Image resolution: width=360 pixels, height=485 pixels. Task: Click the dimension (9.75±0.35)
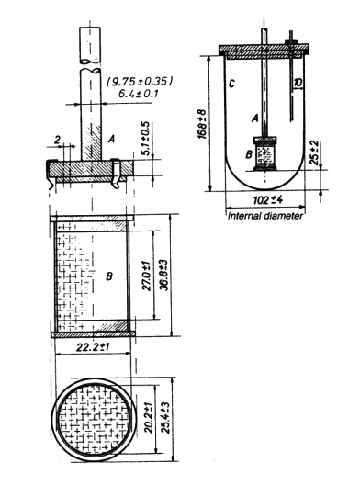[x=140, y=82]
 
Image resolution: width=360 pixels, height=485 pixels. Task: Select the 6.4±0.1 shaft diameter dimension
[x=139, y=93]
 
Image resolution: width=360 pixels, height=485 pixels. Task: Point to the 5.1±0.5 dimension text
[x=146, y=139]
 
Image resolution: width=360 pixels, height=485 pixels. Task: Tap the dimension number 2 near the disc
[x=57, y=141]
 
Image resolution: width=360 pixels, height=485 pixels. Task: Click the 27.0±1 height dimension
[x=147, y=276]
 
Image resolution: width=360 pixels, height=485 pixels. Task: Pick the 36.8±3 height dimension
[x=164, y=276]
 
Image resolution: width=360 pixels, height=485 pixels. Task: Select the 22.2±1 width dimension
[x=93, y=347]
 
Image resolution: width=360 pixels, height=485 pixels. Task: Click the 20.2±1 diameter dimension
[x=149, y=418]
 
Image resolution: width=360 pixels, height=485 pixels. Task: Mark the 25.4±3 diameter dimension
[x=165, y=418]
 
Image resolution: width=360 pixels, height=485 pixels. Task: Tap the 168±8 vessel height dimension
[x=202, y=124]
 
